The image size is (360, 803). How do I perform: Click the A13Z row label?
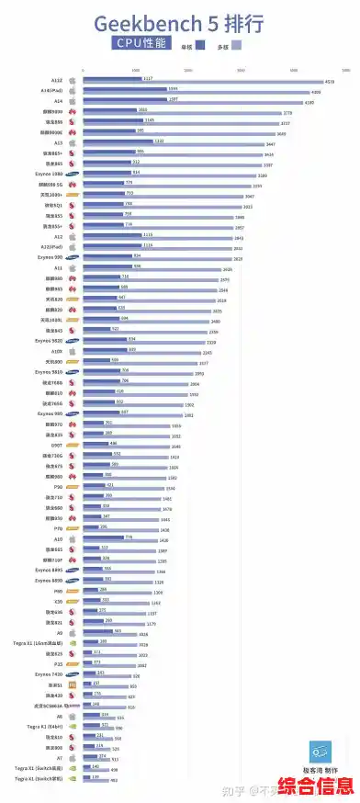click(x=56, y=80)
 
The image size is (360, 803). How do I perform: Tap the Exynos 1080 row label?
click(x=49, y=173)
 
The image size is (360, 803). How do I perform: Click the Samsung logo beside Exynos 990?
click(x=73, y=257)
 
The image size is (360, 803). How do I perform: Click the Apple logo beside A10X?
click(x=72, y=351)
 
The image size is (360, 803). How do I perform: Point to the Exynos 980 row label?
click(x=50, y=413)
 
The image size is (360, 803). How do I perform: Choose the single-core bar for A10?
click(x=104, y=537)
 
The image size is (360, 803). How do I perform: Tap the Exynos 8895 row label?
click(x=49, y=570)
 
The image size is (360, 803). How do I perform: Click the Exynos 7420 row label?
click(x=49, y=674)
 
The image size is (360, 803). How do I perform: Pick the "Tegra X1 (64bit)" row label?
click(x=43, y=726)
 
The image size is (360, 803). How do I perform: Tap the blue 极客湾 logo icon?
click(x=321, y=750)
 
